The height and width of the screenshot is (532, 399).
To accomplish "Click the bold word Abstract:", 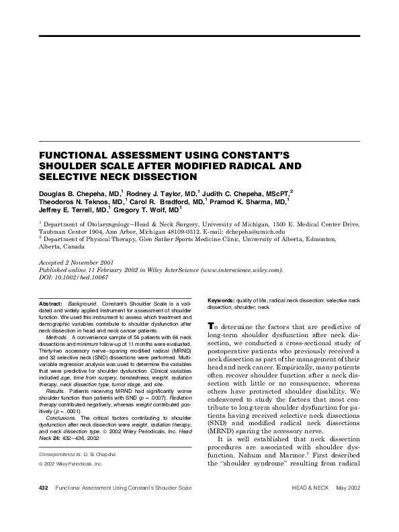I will coord(51,304).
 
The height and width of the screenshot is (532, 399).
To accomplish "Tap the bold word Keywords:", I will coord(220,299).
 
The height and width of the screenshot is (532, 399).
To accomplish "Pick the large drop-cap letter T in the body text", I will coord(212,322).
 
